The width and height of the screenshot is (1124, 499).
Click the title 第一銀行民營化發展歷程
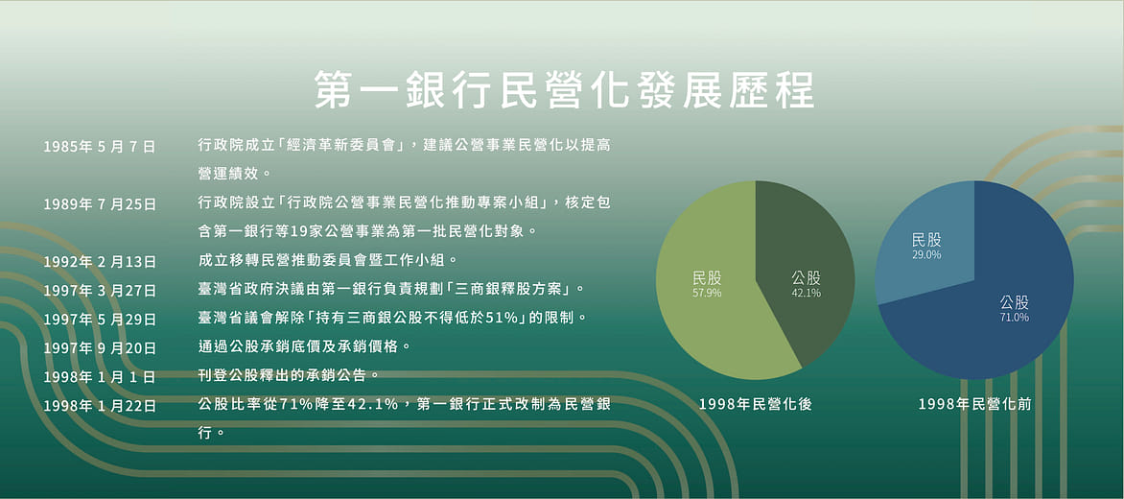point(564,90)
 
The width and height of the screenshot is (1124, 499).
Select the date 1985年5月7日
point(99,147)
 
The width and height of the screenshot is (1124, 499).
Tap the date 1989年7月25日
point(99,204)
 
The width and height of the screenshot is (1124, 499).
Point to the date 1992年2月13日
point(99,262)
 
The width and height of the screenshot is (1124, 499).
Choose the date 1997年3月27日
point(99,291)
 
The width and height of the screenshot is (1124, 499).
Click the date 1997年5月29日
point(99,320)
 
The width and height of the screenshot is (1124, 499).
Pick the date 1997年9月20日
point(99,348)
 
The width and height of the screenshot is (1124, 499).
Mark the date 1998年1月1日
point(99,377)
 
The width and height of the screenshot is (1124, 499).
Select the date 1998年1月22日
point(99,406)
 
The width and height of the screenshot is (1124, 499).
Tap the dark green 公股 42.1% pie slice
point(806,259)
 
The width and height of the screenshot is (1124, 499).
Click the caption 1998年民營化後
point(756,405)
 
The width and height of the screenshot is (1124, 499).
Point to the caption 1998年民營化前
point(974,405)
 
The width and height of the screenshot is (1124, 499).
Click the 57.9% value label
point(707,293)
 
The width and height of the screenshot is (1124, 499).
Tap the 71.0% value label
point(1014,318)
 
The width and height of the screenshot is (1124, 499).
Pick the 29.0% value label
point(926,255)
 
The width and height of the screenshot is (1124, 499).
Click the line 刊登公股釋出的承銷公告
point(289,375)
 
